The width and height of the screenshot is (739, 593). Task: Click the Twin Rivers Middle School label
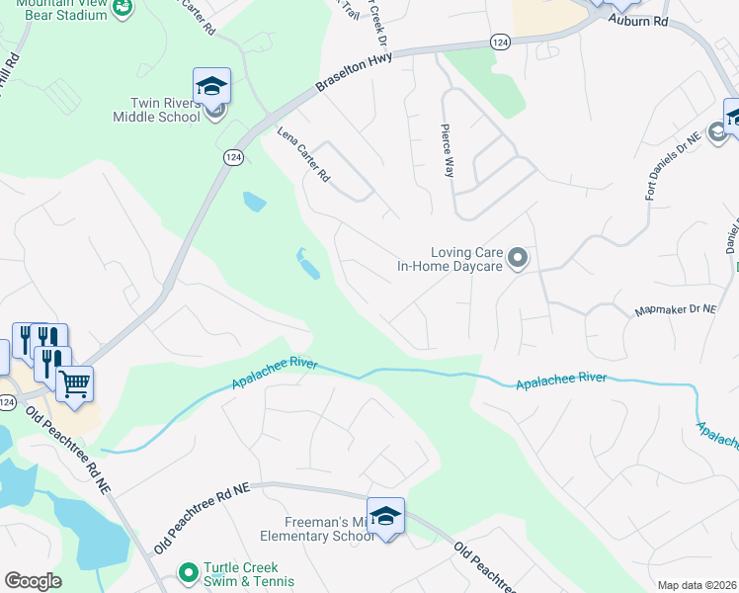165,110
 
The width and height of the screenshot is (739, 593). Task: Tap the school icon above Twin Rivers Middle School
211,86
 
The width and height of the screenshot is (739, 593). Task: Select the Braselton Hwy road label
354,73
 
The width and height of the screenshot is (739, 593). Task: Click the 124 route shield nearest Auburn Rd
500,42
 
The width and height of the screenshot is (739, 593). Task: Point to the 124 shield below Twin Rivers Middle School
232,158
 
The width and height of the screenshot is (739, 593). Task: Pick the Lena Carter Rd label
302,154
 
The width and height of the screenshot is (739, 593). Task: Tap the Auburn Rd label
638,19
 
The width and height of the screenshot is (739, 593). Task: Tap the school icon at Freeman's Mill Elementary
385,516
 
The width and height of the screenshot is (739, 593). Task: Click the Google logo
33,581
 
